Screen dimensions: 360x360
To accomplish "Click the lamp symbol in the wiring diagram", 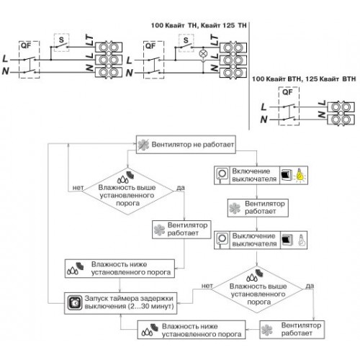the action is coord(203,54).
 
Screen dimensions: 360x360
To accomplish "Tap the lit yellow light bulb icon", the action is coord(300,175).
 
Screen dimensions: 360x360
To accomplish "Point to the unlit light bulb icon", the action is coord(302,240).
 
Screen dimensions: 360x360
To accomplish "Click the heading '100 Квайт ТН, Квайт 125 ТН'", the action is coord(199,25).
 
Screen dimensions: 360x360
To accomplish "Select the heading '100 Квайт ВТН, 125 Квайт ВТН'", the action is coord(304,78).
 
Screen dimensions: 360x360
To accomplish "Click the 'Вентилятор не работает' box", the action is coord(186,145).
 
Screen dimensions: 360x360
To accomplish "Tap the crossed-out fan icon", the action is coord(143,145).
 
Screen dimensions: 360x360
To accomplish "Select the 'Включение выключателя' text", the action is coord(254,175).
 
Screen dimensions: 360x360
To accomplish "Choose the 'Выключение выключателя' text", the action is coord(254,240).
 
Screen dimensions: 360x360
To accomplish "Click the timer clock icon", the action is coord(74,303).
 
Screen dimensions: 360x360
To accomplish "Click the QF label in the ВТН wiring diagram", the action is coord(287,92).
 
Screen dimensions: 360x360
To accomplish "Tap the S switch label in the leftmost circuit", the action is coord(61,40).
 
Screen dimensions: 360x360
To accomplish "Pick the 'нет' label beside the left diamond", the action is coord(78,188).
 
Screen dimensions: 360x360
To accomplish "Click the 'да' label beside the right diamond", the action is coord(310,286).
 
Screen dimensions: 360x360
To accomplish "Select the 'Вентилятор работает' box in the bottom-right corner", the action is coord(292,330).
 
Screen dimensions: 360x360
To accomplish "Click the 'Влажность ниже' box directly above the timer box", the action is coord(120,269).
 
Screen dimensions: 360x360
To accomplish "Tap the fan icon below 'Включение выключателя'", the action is coord(235,208).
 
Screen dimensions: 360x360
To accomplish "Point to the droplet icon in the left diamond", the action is coord(123,179).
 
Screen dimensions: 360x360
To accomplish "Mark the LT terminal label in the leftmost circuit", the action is coord(89,40).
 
